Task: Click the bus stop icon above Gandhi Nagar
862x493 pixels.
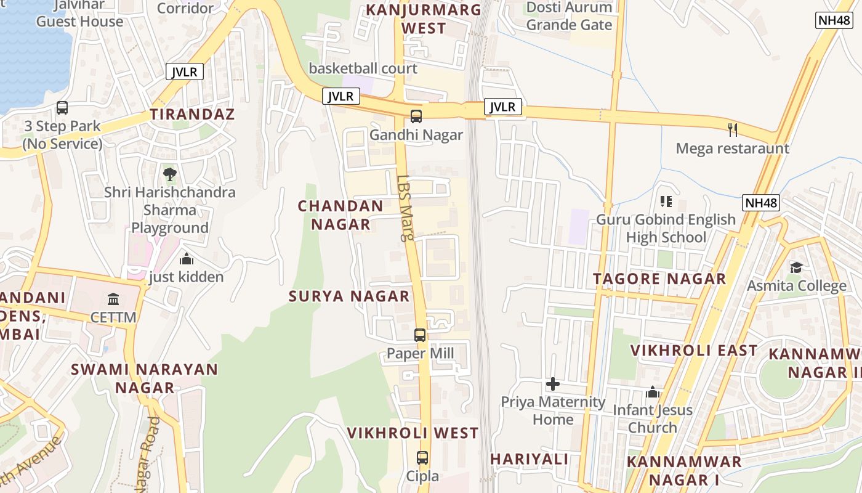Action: coord(416,116)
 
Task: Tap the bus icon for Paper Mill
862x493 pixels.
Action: coord(420,335)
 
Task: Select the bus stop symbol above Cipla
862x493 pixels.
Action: coord(422,458)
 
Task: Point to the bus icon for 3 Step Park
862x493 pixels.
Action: coord(62,108)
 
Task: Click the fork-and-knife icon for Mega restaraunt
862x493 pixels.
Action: coord(733,129)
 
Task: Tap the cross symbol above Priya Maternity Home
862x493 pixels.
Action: coord(553,384)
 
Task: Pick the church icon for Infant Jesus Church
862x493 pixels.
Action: coord(653,392)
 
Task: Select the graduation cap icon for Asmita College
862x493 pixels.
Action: coord(796,267)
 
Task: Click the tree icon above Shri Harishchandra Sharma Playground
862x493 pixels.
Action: coord(170,174)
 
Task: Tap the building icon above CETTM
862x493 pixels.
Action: coord(113,299)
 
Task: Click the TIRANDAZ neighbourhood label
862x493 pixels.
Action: coord(193,114)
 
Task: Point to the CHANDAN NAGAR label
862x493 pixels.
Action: coord(340,215)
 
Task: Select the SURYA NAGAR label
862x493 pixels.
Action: coord(349,296)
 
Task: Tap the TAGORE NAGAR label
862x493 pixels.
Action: coord(659,279)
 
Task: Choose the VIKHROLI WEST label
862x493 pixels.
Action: coord(413,433)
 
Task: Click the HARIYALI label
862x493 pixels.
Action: coord(529,459)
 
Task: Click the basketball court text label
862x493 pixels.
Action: coord(363,68)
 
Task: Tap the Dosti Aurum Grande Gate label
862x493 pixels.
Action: coord(569,17)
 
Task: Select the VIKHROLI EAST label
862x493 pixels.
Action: coord(694,351)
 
